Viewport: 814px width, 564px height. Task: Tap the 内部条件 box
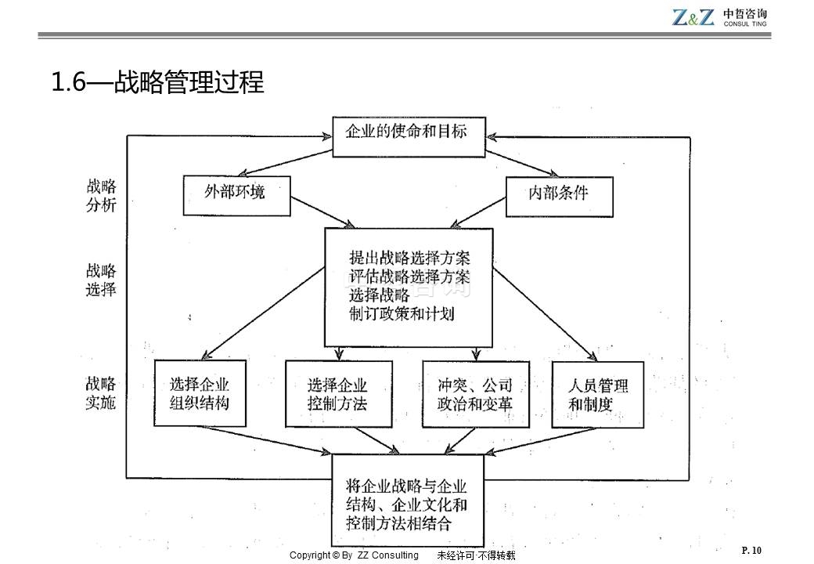[558, 194]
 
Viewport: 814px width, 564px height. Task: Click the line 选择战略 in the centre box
[380, 295]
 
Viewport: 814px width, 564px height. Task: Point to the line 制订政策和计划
[402, 313]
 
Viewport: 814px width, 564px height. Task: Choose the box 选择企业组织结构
[200, 394]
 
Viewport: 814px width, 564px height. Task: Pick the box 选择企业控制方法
[337, 394]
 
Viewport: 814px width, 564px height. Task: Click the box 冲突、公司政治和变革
[475, 394]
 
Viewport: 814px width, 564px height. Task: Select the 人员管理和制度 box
[597, 394]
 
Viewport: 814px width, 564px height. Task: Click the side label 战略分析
[101, 195]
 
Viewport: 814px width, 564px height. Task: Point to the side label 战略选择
[101, 280]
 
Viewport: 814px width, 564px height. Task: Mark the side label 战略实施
[101, 393]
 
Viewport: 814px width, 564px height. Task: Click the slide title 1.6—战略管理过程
[157, 81]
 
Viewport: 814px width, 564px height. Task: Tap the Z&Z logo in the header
[693, 17]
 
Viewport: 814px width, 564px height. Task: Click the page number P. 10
[751, 551]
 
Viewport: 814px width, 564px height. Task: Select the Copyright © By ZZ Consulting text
[354, 555]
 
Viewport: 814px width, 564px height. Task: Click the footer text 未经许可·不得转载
[476, 555]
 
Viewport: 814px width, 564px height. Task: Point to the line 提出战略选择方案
[410, 258]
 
